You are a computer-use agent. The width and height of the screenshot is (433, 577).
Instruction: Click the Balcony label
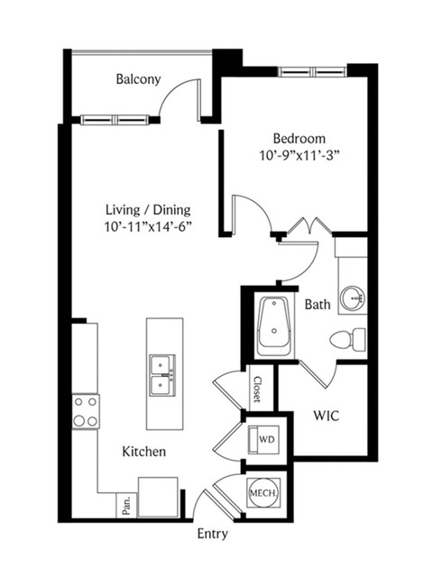point(138,79)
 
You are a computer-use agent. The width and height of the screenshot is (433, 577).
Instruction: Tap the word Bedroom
point(299,139)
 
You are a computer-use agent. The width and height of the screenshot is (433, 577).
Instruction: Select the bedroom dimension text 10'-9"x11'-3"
point(299,156)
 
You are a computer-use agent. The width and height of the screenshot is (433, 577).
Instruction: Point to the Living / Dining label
point(148,210)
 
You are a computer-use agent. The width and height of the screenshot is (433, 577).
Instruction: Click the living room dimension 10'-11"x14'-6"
point(148,226)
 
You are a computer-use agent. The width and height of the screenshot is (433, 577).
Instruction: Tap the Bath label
point(318,305)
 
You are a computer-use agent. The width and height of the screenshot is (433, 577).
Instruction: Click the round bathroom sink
point(353,297)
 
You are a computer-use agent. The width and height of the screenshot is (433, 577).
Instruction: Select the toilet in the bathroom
point(348,339)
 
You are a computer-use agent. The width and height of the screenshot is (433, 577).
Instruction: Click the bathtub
point(274,326)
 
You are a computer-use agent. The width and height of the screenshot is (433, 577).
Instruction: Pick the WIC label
point(327,416)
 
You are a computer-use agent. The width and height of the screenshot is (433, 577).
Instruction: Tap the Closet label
point(257,389)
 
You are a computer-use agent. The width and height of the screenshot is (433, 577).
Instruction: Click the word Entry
point(213,534)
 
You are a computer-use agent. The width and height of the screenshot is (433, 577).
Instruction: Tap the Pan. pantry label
point(126,505)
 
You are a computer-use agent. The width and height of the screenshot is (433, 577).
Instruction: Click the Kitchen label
point(144,452)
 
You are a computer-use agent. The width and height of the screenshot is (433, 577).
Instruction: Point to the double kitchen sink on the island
point(162,375)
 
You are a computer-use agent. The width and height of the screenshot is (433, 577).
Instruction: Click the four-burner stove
point(86,411)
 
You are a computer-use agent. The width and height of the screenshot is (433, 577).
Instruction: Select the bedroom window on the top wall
point(313,71)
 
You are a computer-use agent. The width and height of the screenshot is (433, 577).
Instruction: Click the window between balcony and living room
point(115,120)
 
